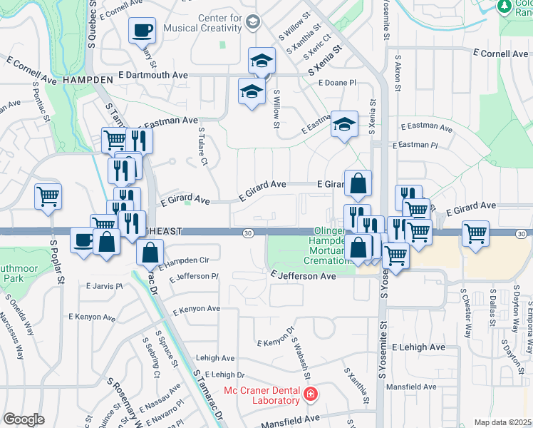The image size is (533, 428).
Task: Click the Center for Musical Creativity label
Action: click(x=192, y=22)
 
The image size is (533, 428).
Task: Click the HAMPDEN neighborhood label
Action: click(x=88, y=79)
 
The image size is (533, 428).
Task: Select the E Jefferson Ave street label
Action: click(x=303, y=275)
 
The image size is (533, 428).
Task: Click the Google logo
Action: click(x=24, y=419)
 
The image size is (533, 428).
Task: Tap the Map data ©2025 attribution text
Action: click(x=503, y=423)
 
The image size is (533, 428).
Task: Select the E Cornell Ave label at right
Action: click(x=501, y=53)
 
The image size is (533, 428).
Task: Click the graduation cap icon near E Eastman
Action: click(x=344, y=125)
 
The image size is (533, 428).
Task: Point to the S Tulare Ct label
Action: click(x=202, y=148)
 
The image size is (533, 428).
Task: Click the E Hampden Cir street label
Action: click(x=185, y=263)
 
